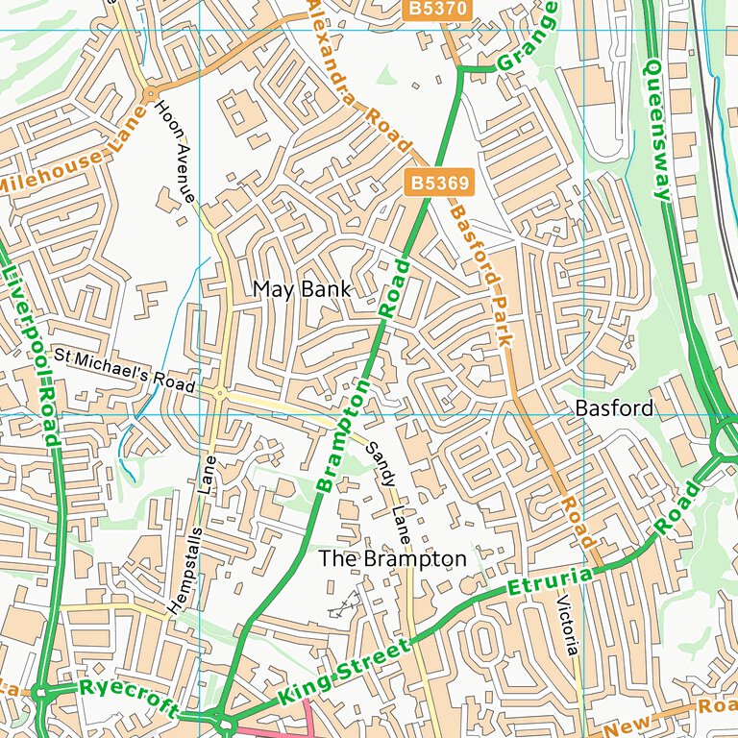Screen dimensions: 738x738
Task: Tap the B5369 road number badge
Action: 429,183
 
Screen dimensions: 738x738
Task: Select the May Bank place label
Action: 302,289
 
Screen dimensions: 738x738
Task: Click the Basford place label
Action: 614,408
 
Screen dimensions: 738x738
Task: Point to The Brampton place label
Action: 392,558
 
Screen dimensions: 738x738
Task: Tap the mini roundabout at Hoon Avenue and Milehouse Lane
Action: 149,94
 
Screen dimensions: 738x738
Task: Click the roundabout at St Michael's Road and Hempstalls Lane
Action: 220,393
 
